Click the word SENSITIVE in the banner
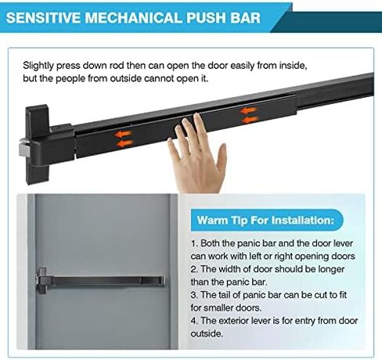pos(43,18)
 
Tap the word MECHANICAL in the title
pos(133,18)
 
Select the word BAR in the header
pos(246,18)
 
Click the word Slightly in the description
pos(38,66)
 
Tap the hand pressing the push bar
pos(196,154)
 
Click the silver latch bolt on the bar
pos(24,151)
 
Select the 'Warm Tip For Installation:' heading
pos(265,220)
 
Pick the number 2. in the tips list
pos(195,269)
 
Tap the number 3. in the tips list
pos(195,295)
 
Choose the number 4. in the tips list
pos(195,321)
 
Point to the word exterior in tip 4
pos(233,321)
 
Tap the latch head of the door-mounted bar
pos(41,281)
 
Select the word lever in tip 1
pos(343,243)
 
